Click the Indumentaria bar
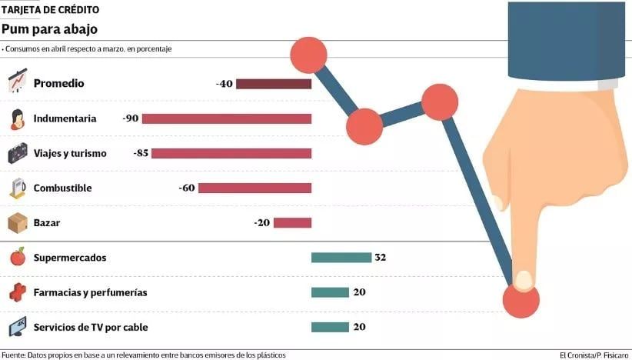coord(227,118)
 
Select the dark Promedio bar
coord(273,84)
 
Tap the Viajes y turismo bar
coord(231,153)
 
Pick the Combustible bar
coord(254,188)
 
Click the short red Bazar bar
coord(292,223)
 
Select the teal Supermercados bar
coord(341,258)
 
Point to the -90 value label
coord(130,118)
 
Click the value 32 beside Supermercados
coord(380,258)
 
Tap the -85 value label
coord(141,153)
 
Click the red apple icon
coord(18,257)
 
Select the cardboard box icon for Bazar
coord(18,223)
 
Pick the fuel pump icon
coord(18,188)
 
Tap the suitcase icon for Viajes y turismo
coord(18,154)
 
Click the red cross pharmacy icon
coord(18,292)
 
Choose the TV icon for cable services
coord(18,327)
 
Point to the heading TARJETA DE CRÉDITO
coord(50,9)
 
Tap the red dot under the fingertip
coord(521,300)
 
